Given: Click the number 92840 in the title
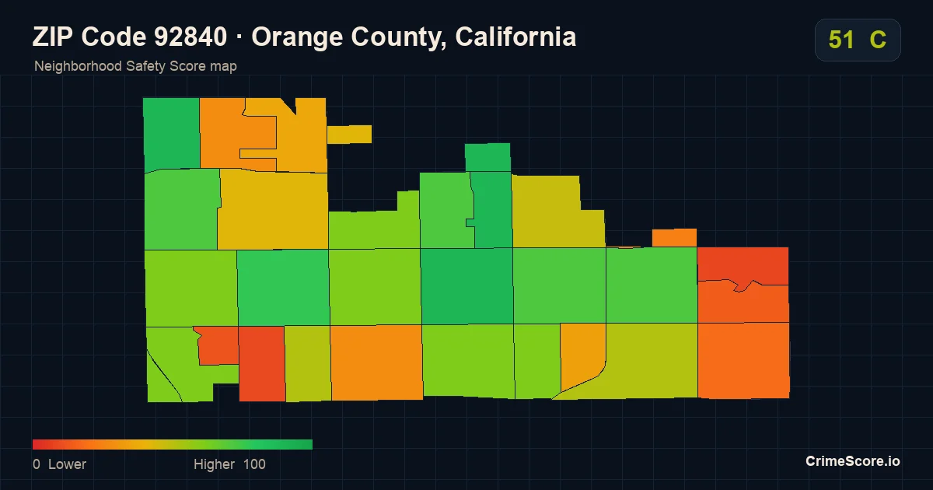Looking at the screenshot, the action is point(190,37).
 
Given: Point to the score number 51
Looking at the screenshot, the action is point(841,40).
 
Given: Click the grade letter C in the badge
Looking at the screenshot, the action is point(878,40).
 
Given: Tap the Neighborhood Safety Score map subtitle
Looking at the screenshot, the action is point(135,66).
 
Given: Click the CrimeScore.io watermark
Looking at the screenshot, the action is point(853,461).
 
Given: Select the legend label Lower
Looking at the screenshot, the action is point(67,464).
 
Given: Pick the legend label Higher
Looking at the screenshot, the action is point(214,464).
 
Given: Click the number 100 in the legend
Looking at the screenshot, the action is point(254,464).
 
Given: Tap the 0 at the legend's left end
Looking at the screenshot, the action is point(37,464).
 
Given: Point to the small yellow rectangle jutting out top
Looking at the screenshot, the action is point(349,134).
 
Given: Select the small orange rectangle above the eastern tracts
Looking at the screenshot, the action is point(674,237).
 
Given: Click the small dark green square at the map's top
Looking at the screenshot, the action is point(487,157).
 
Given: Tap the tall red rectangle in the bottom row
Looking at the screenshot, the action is point(262,364).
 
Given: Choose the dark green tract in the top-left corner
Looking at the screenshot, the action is point(172,134).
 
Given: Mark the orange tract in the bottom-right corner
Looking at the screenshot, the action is point(744,360).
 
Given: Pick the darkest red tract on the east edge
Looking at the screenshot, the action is point(743,264).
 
